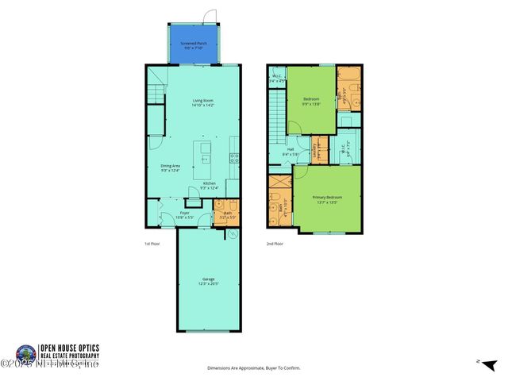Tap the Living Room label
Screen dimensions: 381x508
point(202,102)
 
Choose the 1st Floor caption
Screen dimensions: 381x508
point(152,244)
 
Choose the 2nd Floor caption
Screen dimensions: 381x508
point(274,244)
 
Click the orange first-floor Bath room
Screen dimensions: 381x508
point(225,214)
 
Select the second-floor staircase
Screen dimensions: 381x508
point(276,107)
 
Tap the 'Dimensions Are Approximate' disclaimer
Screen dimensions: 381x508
point(254,368)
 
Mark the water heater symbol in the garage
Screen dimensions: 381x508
point(233,235)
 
